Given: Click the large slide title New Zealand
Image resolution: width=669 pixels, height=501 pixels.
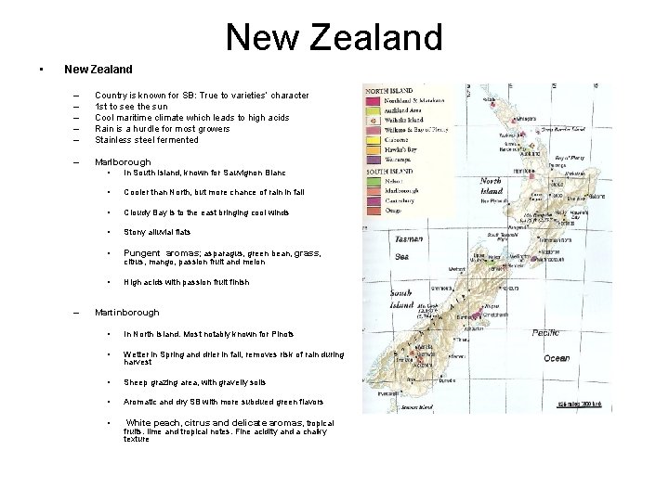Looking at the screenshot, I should pyautogui.click(x=334, y=37).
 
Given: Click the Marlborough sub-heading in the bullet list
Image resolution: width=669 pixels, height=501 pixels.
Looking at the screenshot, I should pyautogui.click(x=123, y=162).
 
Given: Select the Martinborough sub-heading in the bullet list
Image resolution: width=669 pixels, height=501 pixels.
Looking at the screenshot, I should pyautogui.click(x=127, y=313).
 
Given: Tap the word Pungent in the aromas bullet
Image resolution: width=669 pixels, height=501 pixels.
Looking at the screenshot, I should pyautogui.click(x=142, y=252).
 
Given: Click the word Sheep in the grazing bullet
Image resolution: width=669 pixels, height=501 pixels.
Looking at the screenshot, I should pyautogui.click(x=137, y=381).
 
